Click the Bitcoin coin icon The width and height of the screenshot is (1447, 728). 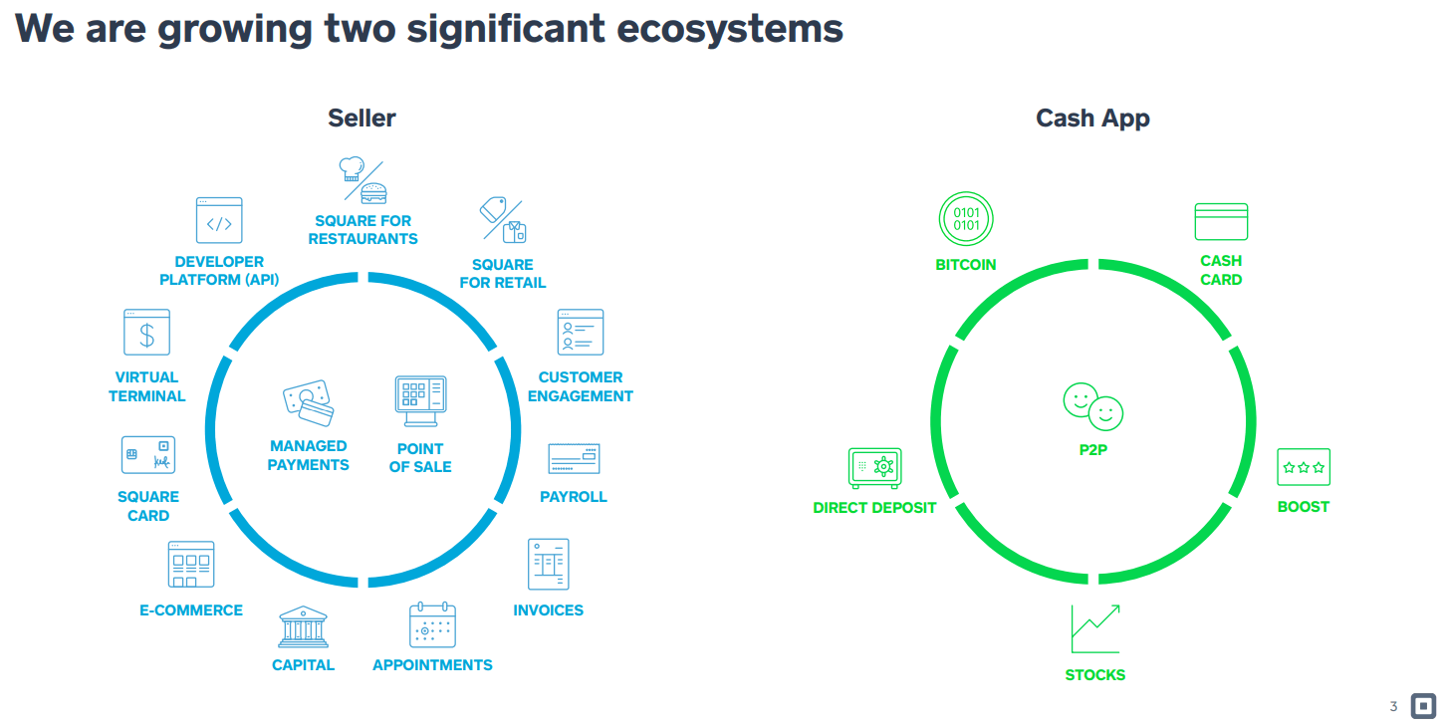pyautogui.click(x=966, y=219)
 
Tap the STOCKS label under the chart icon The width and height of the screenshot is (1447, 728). pyautogui.click(x=1094, y=674)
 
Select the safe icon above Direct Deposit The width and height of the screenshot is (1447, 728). pyautogui.click(x=874, y=468)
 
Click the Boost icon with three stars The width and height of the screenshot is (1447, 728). pyautogui.click(x=1304, y=467)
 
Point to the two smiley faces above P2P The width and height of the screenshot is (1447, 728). pyautogui.click(x=1092, y=405)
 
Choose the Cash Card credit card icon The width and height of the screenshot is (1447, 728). pyautogui.click(x=1221, y=221)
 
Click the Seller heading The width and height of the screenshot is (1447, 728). pyautogui.click(x=362, y=118)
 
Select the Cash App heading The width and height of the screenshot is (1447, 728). pyautogui.click(x=1092, y=118)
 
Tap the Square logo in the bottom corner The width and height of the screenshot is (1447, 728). pyautogui.click(x=1423, y=706)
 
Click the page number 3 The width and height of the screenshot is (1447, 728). pyautogui.click(x=1393, y=707)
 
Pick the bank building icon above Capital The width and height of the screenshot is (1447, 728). pyautogui.click(x=303, y=627)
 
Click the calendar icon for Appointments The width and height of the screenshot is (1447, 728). pyautogui.click(x=432, y=626)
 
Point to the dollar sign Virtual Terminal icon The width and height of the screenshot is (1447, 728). pyautogui.click(x=146, y=333)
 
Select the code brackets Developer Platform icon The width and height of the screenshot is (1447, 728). pyautogui.click(x=218, y=221)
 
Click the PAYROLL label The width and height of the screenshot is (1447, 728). pyautogui.click(x=573, y=496)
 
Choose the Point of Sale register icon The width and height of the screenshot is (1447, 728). pyautogui.click(x=420, y=402)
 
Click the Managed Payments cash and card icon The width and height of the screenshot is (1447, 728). pyautogui.click(x=308, y=403)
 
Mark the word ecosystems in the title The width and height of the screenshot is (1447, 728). pyautogui.click(x=730, y=28)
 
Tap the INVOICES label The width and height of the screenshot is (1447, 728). pyautogui.click(x=548, y=609)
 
